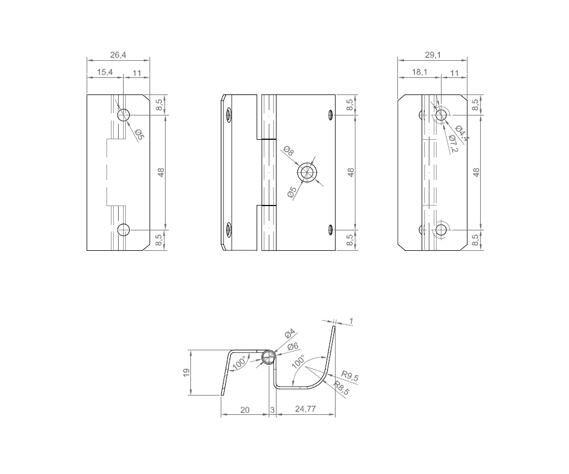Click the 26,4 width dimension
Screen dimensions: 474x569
pyautogui.click(x=118, y=55)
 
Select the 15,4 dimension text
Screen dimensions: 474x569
pyautogui.click(x=105, y=72)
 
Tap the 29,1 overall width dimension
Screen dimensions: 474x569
pyautogui.click(x=433, y=55)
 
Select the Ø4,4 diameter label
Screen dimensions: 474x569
pyautogui.click(x=462, y=134)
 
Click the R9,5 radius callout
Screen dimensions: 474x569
pyautogui.click(x=350, y=376)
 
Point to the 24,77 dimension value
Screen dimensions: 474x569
pyautogui.click(x=305, y=409)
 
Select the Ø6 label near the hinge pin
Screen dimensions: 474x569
pyautogui.click(x=292, y=346)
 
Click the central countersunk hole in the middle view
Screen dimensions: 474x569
pyautogui.click(x=307, y=173)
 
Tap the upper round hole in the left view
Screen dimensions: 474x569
pyautogui.click(x=124, y=115)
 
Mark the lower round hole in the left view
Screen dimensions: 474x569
pyautogui.click(x=124, y=230)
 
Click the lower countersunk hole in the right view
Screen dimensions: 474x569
pyautogui.click(x=441, y=230)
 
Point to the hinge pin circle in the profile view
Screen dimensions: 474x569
pyautogui.click(x=268, y=357)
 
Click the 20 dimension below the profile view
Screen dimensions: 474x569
pyautogui.click(x=245, y=409)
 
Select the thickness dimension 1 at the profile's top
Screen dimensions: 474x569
pyautogui.click(x=350, y=321)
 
